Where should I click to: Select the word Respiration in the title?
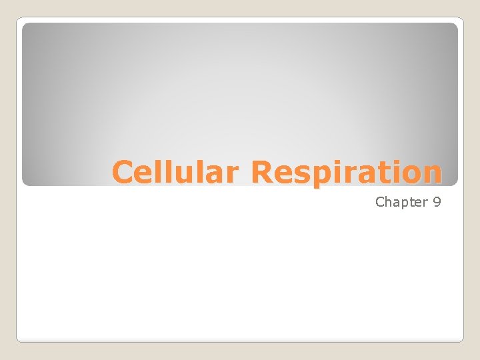[x=346, y=172]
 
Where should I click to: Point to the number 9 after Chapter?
[x=437, y=202]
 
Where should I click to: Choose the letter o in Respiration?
[x=411, y=173]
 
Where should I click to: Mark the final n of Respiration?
[x=431, y=173]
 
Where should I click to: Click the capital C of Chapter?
[x=380, y=202]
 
